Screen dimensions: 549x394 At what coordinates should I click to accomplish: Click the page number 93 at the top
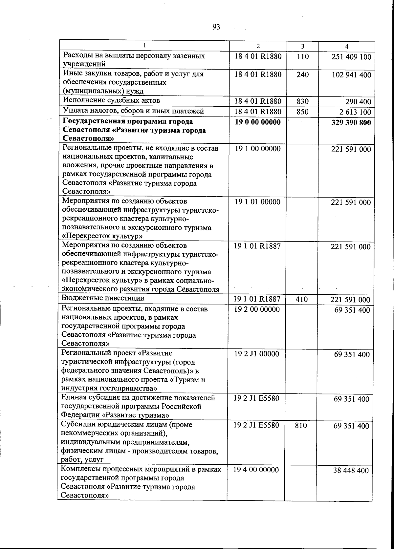216,27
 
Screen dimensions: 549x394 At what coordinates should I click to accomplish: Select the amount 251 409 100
351,57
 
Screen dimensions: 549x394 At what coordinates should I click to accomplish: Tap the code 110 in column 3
302,57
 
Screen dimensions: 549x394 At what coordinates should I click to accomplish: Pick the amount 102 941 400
351,75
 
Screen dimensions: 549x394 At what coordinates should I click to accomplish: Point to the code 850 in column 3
302,112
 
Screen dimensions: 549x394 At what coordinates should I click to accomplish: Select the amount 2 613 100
355,113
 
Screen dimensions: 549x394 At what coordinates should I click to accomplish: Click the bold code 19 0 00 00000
258,122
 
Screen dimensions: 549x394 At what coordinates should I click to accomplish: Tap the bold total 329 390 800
349,123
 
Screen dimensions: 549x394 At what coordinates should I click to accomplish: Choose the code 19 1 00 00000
258,149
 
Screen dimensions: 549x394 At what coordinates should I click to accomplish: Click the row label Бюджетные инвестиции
103,298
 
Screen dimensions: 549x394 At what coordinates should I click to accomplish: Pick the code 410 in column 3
301,299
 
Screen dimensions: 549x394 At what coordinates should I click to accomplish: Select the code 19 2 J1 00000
256,354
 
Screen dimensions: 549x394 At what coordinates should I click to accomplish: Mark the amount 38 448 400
351,471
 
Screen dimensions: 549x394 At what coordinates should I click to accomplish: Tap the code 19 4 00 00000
256,470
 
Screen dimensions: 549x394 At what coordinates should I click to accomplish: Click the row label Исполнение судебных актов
111,100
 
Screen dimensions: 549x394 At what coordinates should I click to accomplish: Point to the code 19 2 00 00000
257,309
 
